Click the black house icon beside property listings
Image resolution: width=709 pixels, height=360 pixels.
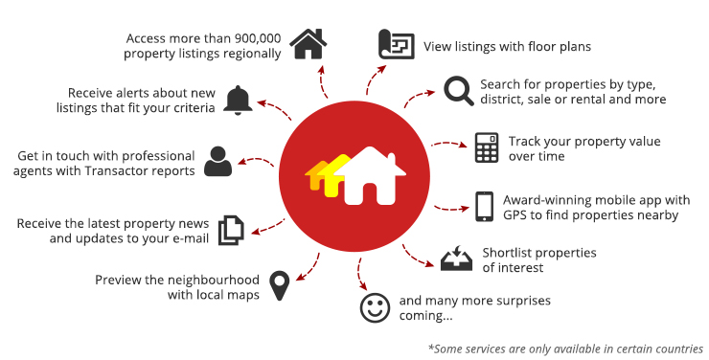pyautogui.click(x=308, y=44)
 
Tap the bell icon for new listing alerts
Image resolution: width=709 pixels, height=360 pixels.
pyautogui.click(x=238, y=100)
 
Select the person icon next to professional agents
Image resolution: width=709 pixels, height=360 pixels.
pyautogui.click(x=219, y=161)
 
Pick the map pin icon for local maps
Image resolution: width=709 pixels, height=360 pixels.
pyautogui.click(x=279, y=284)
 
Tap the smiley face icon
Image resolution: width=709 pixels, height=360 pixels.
pyautogui.click(x=372, y=307)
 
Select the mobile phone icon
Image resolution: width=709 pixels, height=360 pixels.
pyautogui.click(x=484, y=206)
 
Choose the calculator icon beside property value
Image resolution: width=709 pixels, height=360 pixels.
pyautogui.click(x=487, y=147)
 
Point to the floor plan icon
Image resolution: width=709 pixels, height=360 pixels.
pyautogui.click(x=396, y=45)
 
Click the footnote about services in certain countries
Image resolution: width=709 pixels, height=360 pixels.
pyautogui.click(x=564, y=349)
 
